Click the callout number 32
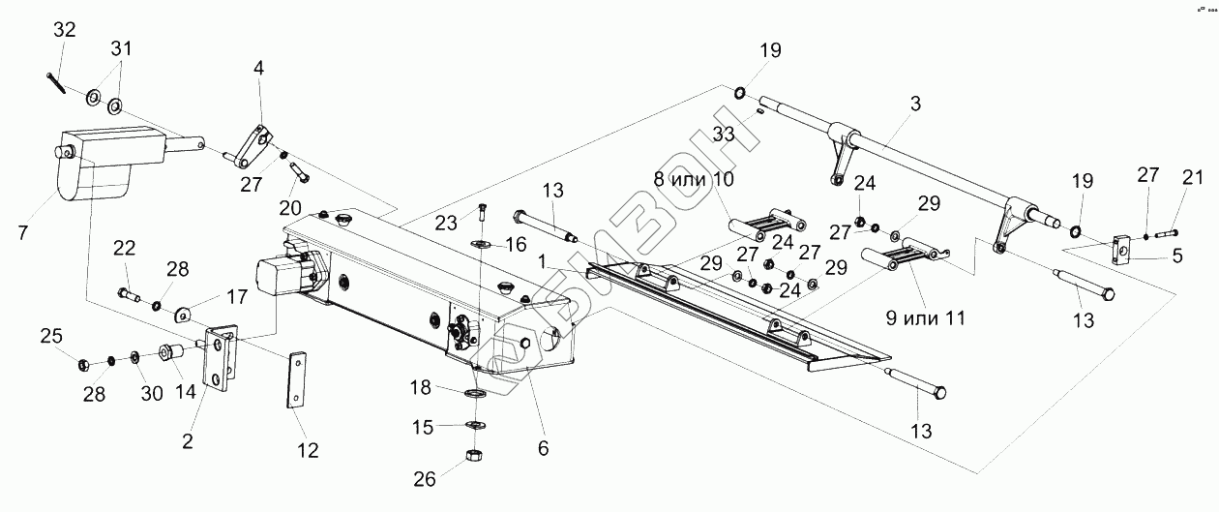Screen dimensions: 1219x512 pyautogui.click(x=64, y=29)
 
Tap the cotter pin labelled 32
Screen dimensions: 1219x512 pyautogui.click(x=56, y=83)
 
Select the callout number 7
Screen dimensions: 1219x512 pyautogui.click(x=22, y=232)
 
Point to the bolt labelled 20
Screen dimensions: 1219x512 pyautogui.click(x=300, y=172)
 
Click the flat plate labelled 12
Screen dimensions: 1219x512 pyautogui.click(x=296, y=379)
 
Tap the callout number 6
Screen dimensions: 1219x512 pyautogui.click(x=543, y=448)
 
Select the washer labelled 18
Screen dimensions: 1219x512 pyautogui.click(x=476, y=393)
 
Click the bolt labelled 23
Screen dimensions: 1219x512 pyautogui.click(x=483, y=211)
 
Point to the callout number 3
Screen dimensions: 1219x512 pyautogui.click(x=915, y=104)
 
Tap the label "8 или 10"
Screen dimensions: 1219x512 pyautogui.click(x=694, y=179)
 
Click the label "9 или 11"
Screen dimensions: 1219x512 pyautogui.click(x=926, y=318)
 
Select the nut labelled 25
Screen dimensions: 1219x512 pyautogui.click(x=84, y=364)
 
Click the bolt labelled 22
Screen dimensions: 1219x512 pyautogui.click(x=129, y=294)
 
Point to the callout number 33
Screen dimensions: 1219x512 pyautogui.click(x=724, y=134)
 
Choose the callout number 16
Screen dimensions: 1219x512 pyautogui.click(x=516, y=245)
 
